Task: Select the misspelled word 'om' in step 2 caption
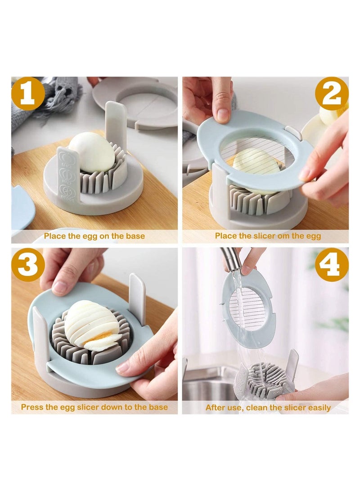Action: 280,236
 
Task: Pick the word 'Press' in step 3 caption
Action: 32,407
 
